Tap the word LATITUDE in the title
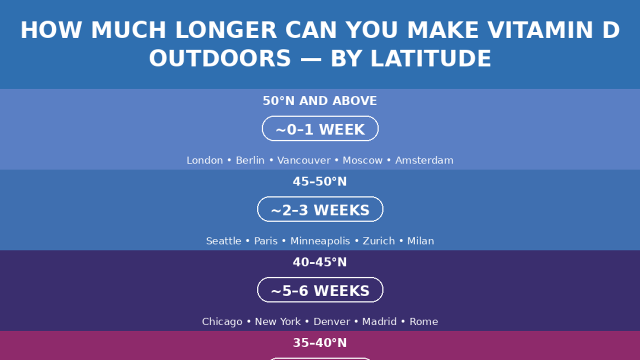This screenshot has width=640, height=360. coord(430,58)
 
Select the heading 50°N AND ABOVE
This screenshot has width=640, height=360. coord(319,101)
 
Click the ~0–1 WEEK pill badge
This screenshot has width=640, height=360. coord(320,128)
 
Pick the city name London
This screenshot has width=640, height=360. coord(204,160)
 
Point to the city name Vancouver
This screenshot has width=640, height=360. coord(303,160)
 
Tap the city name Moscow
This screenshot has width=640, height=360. coord(362,160)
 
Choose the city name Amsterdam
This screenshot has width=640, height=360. coord(424,160)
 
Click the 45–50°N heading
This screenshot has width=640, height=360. coord(319,181)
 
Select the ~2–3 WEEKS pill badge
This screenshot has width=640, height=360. coord(320,209)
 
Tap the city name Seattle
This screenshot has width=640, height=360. coord(223,241)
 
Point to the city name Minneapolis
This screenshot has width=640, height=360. coord(320,241)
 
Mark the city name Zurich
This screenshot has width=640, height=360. coord(378,241)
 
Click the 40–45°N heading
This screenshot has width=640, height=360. coord(319,262)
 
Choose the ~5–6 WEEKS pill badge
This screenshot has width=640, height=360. coord(320,289)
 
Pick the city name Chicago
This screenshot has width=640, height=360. coord(222,321)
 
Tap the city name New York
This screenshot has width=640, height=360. coord(277,321)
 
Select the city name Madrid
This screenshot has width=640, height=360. coord(379,321)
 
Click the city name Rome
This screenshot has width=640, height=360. coord(423,321)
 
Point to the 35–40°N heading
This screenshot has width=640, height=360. coord(319,342)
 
